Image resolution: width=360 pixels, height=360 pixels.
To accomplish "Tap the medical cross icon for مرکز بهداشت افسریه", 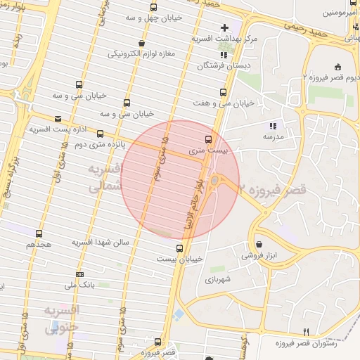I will (x=224, y=28).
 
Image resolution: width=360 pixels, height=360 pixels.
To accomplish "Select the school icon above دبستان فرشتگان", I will (x=224, y=54).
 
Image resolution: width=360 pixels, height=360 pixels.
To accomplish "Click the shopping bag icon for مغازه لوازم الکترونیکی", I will (x=143, y=43).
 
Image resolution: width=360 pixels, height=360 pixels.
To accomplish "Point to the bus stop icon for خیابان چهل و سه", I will (x=153, y=6).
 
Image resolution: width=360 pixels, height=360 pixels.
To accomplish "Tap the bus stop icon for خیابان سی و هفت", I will (x=224, y=92).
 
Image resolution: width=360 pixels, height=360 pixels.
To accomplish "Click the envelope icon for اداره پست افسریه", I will (x=57, y=119).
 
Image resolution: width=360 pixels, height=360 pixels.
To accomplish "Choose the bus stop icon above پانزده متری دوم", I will (x=100, y=132).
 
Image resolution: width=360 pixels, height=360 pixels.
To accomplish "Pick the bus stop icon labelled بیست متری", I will (x=207, y=139).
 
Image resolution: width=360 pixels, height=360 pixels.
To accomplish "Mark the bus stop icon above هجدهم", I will (x=39, y=233).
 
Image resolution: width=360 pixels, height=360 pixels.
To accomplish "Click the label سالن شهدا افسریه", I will (x=101, y=242).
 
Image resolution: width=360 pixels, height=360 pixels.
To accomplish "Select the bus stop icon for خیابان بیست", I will (x=179, y=248).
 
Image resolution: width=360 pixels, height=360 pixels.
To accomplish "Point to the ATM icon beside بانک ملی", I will (x=79, y=274).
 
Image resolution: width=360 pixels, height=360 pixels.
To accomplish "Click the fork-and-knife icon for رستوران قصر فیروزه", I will (x=305, y=332).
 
